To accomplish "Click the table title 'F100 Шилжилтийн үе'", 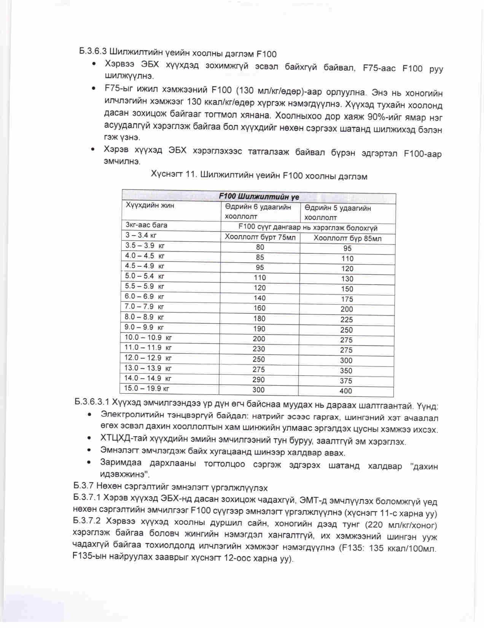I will pos(259,197).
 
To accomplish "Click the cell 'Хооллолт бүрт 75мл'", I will pos(260,237).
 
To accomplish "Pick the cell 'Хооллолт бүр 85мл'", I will pos(347,239).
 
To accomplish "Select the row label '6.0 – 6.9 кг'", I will pos(145,296).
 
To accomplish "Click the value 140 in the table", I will pos(260,298).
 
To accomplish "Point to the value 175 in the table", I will pos(347,299).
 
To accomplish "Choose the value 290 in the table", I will pos(259,380).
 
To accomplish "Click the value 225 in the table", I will pos(347,320).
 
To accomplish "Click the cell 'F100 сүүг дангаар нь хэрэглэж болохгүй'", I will pos(308,227).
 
